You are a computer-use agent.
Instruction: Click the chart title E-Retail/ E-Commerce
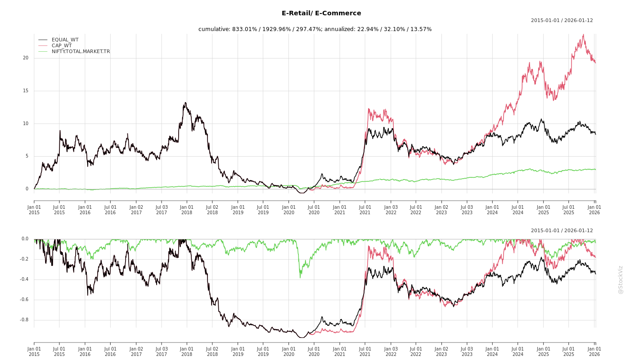coord(321,13)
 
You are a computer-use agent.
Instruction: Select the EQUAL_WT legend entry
coord(65,40)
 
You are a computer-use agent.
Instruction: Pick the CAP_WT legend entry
coord(61,45)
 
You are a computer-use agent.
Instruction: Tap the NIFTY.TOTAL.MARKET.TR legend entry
coord(81,51)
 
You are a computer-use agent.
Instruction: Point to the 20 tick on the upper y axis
coord(26,58)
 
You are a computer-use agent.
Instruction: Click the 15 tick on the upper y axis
coord(26,91)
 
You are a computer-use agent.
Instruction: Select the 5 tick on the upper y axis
coord(27,156)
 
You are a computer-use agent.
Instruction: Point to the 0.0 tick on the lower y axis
coord(25,239)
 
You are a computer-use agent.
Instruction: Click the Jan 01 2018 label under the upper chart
coord(187,210)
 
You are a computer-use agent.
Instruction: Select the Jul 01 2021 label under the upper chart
coord(365,210)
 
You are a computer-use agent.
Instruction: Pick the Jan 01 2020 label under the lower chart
coord(288,351)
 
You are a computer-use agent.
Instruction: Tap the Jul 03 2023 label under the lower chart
coord(467,351)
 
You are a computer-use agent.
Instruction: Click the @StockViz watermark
coord(621,279)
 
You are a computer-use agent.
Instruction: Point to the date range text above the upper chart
coord(562,20)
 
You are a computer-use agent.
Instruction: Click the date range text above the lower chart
coord(562,230)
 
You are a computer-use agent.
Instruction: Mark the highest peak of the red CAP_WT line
coord(583,35)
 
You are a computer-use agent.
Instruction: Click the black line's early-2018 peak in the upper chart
coord(185,103)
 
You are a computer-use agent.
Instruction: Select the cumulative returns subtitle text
coord(315,29)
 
